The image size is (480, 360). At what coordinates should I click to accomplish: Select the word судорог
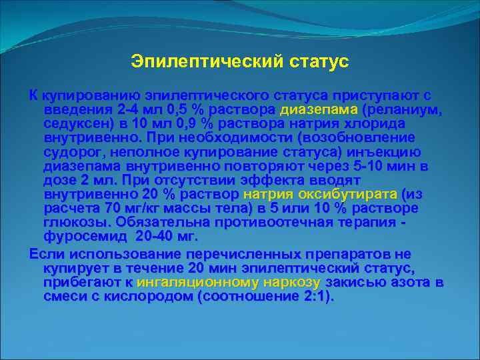point(71,152)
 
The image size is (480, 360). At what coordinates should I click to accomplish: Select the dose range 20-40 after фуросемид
point(158,237)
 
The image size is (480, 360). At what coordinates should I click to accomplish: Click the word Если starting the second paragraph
point(45,255)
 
